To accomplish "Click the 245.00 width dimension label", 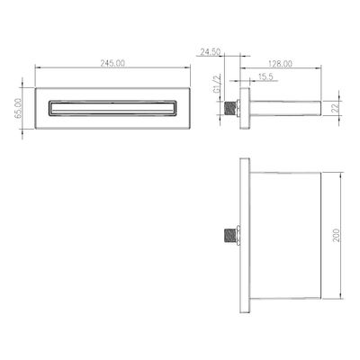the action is tap(112, 63).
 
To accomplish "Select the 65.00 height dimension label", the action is tap(18, 108).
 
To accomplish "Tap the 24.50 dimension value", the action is tap(211, 52).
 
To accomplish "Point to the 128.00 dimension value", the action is tap(280, 64).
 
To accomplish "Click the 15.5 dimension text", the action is tap(265, 76).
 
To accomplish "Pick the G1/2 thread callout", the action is tap(217, 85).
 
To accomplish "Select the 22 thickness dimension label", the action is tap(336, 107).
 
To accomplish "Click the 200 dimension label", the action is tap(336, 236).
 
